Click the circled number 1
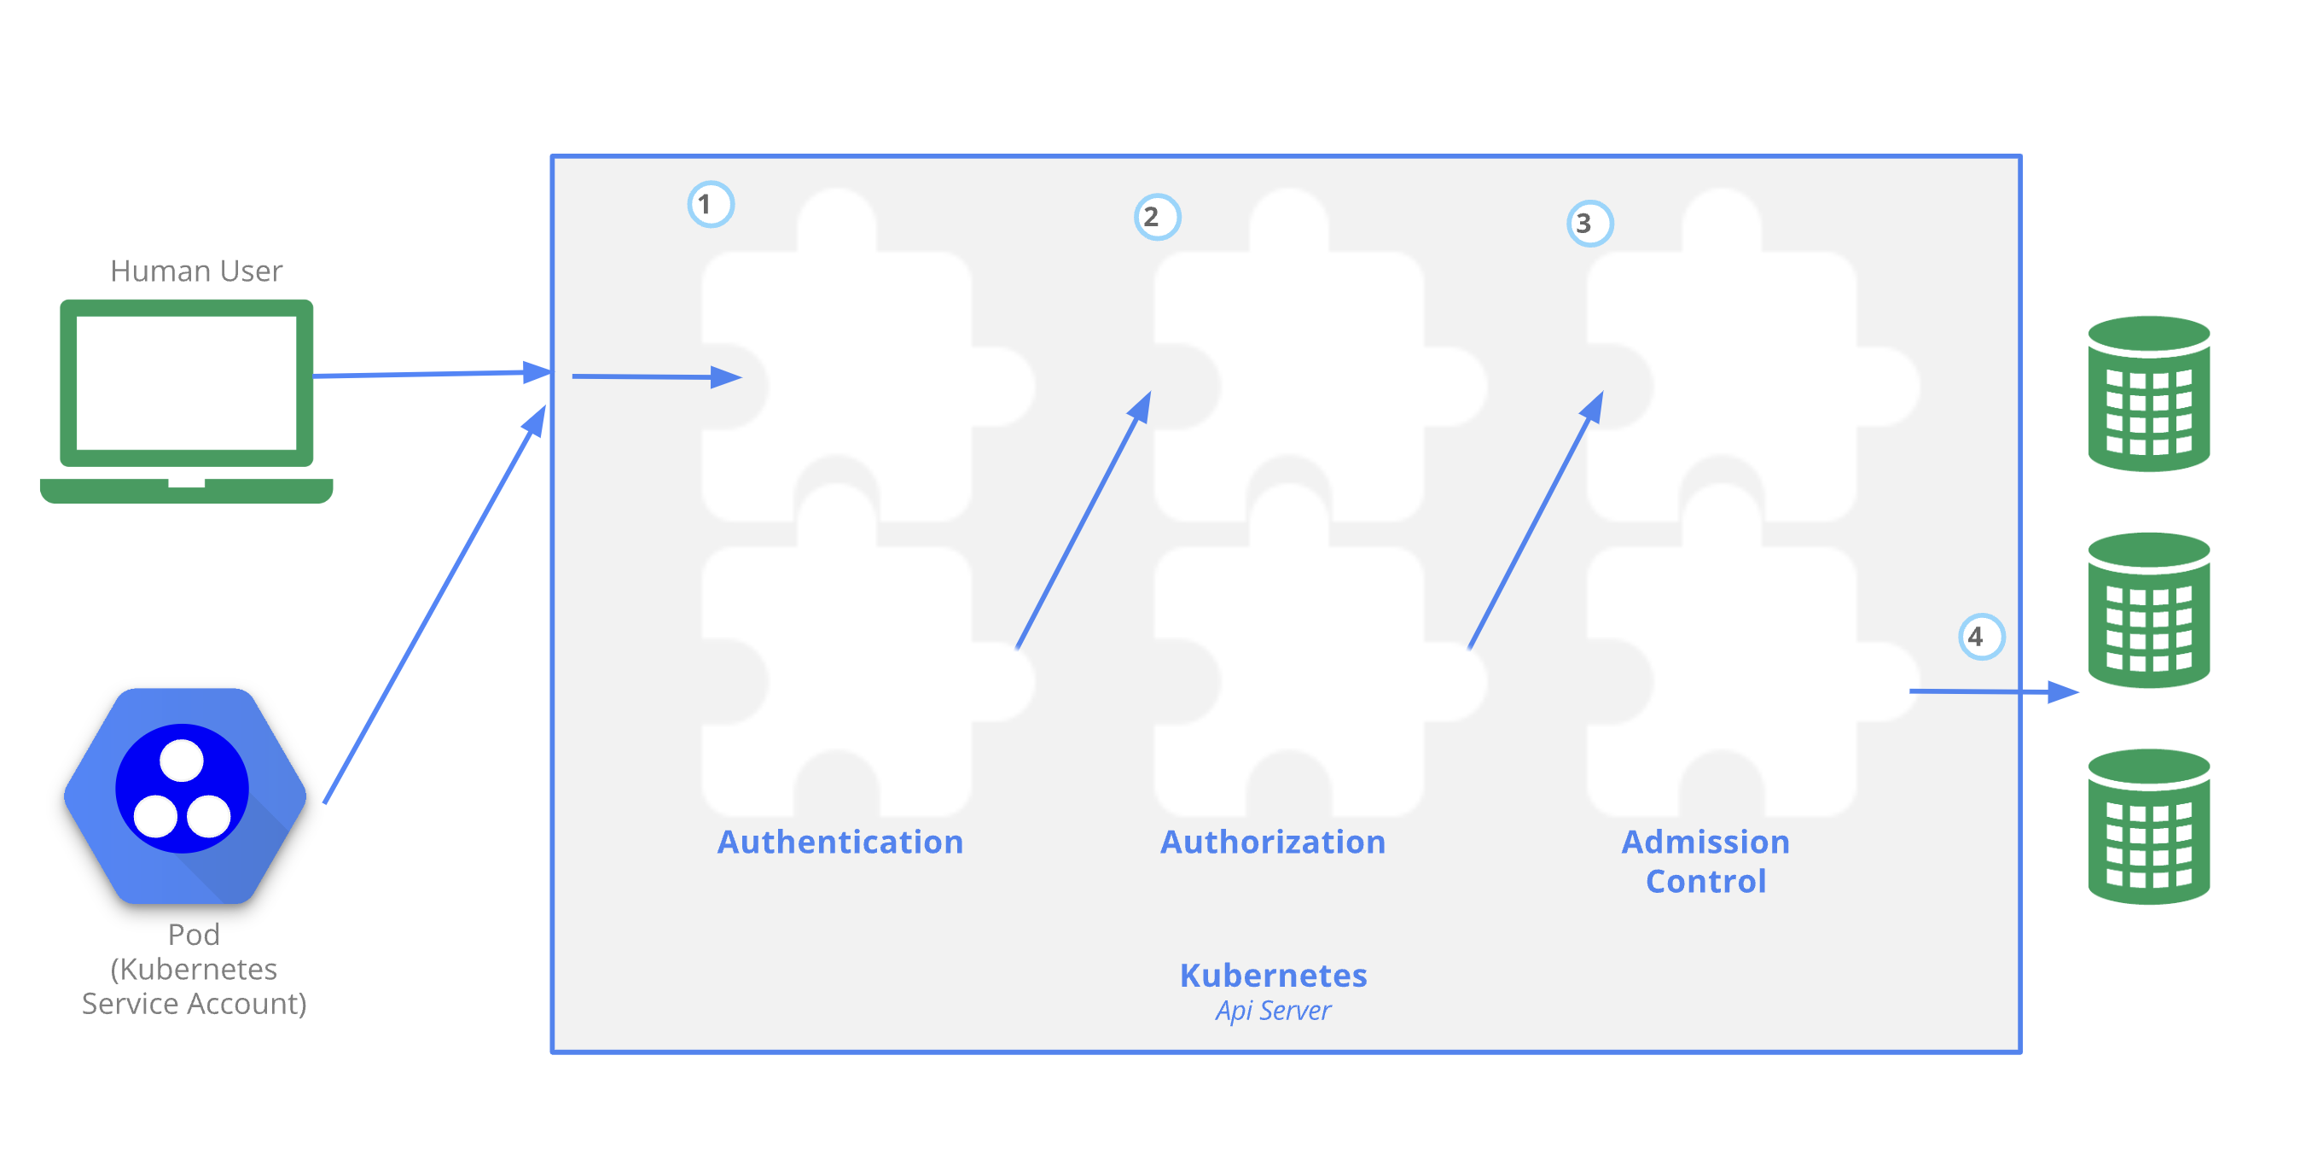coord(710,205)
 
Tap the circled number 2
coord(1156,218)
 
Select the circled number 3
coord(1589,224)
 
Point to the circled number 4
coord(1980,637)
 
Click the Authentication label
coord(840,842)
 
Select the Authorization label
coord(1272,842)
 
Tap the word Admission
coord(1705,842)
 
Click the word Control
coord(1705,882)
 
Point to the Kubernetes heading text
coord(1273,976)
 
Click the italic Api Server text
coord(1273,1011)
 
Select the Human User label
coord(195,271)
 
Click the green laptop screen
coord(187,382)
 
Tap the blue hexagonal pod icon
coord(184,795)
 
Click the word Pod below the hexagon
coord(193,934)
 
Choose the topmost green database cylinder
coord(2148,394)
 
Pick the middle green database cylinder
coord(2148,610)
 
